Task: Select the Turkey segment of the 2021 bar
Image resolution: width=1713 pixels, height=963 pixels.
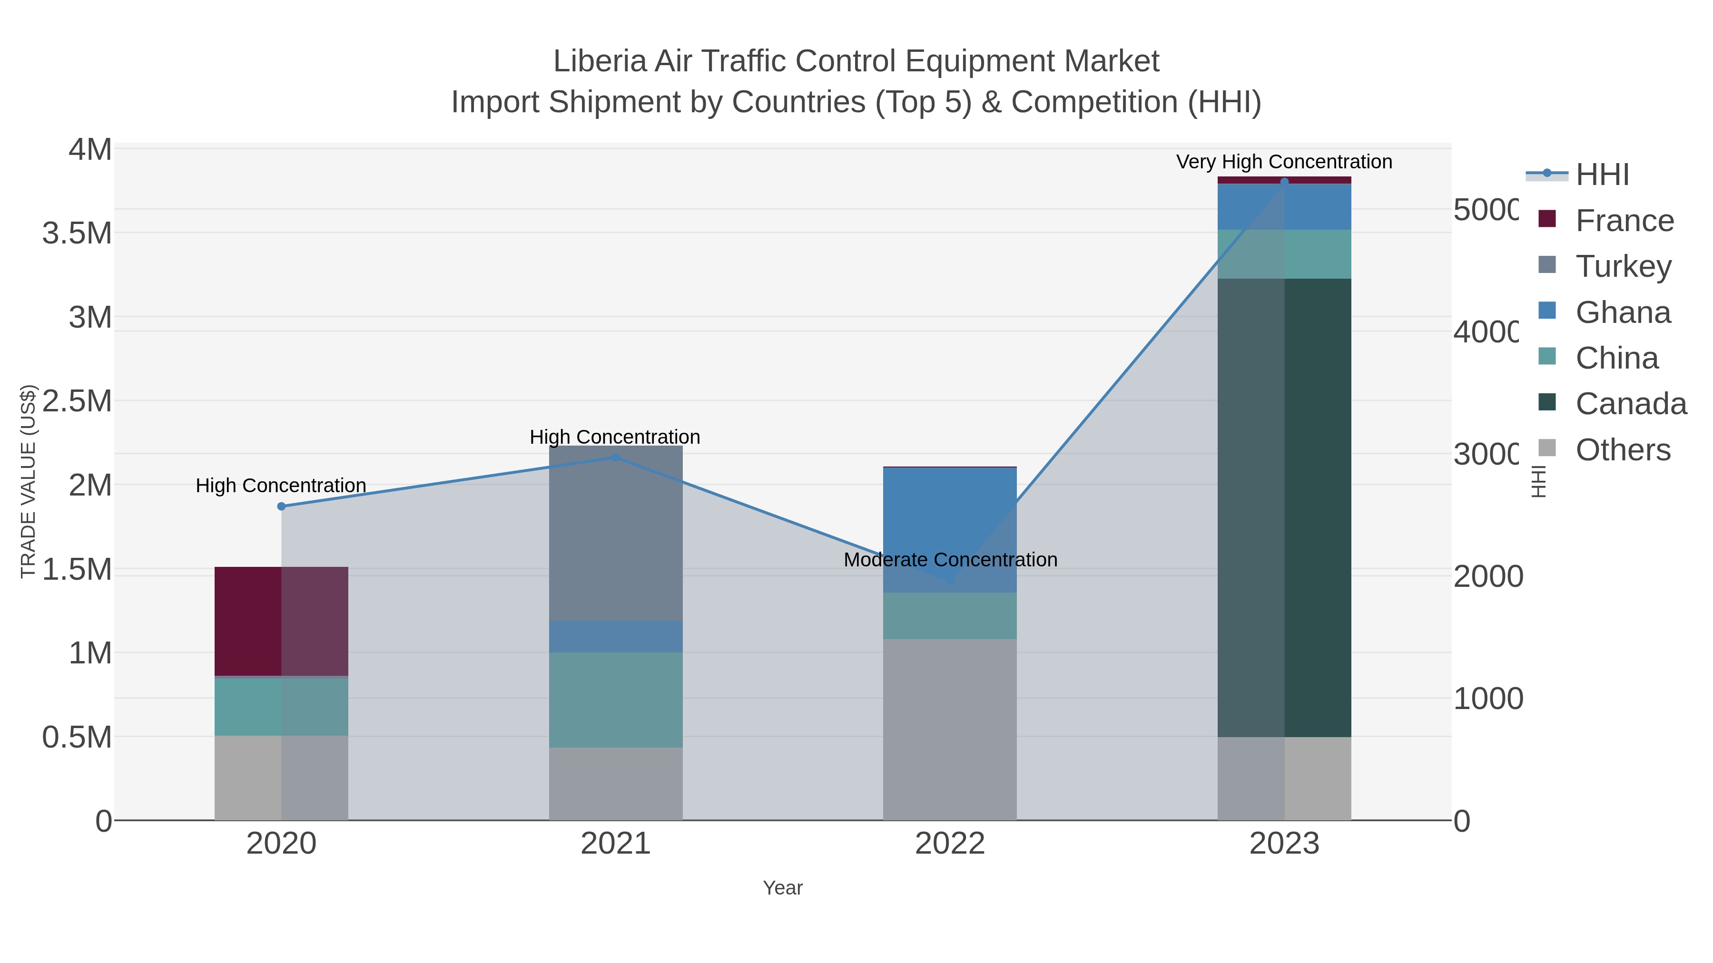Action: click(x=615, y=533)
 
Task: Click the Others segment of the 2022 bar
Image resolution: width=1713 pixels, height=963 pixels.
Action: click(x=950, y=729)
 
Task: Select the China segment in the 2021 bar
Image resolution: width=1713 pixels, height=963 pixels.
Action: click(x=615, y=699)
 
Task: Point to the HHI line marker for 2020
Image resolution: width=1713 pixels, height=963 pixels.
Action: click(x=281, y=506)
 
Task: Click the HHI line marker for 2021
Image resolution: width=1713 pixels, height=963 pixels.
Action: click(x=615, y=457)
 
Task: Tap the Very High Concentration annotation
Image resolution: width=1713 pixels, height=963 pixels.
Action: click(x=1283, y=162)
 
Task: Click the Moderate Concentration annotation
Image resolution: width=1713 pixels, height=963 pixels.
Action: click(x=950, y=560)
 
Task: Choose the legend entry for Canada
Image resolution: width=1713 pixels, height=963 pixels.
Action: click(x=1631, y=403)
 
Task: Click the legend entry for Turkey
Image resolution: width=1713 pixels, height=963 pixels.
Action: click(x=1623, y=266)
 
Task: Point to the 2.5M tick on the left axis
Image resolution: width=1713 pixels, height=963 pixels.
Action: click(x=77, y=401)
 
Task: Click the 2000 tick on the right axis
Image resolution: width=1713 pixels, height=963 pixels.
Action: click(x=1487, y=576)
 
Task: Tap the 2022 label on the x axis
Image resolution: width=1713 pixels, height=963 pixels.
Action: click(x=950, y=843)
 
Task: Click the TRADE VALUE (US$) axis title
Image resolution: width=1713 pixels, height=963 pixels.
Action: click(x=28, y=481)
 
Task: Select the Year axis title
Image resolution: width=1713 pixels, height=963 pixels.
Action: click(x=783, y=888)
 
